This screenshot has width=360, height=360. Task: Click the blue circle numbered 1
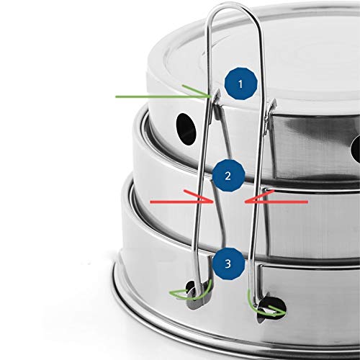[x=240, y=84]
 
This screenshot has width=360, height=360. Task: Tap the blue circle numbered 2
[x=228, y=176]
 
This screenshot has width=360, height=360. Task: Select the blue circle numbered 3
[x=228, y=264]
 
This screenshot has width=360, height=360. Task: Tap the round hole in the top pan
[x=186, y=130]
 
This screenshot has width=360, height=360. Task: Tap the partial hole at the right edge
[x=355, y=148]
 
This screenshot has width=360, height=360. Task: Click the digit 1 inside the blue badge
[x=240, y=84]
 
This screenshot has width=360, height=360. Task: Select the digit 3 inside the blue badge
[x=228, y=264]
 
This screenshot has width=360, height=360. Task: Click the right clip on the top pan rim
[x=271, y=115]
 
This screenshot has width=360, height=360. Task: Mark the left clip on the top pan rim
[x=217, y=106]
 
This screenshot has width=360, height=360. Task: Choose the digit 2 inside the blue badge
[x=228, y=176]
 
